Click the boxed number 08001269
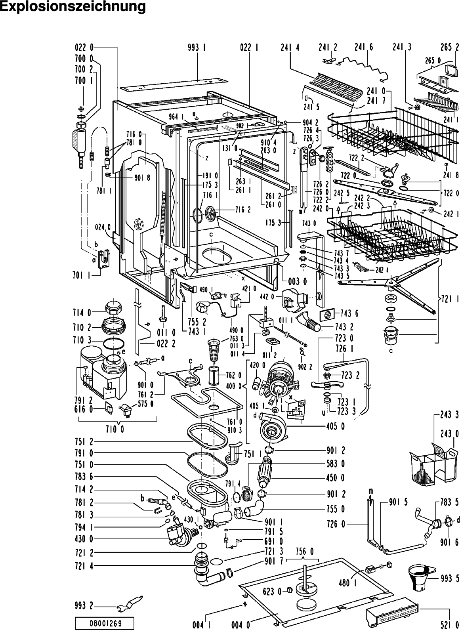103,622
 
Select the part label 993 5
449,578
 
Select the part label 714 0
84,313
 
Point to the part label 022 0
84,47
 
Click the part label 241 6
364,47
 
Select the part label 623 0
272,603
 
